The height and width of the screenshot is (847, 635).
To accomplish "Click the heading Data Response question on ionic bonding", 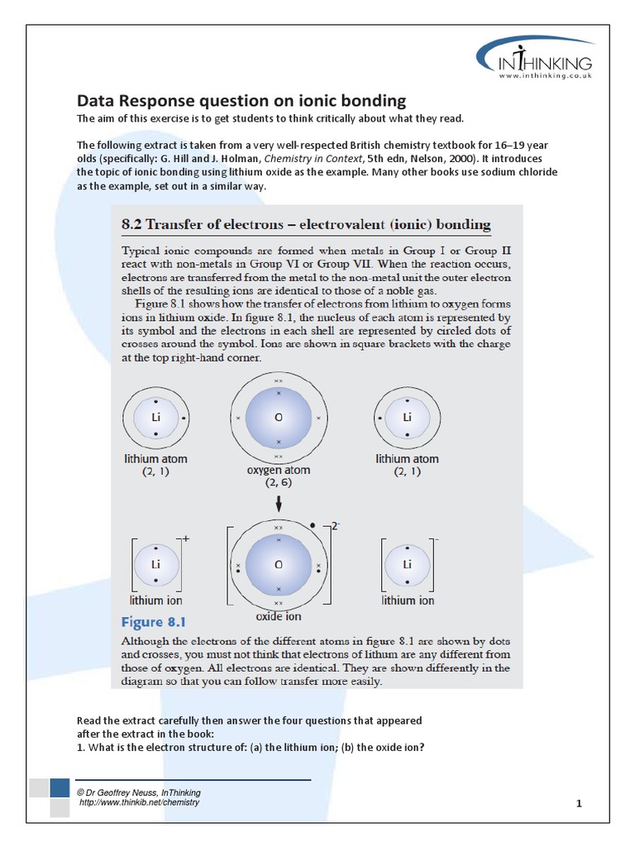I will (x=241, y=101).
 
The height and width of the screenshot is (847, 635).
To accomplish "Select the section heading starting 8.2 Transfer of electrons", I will (x=306, y=224).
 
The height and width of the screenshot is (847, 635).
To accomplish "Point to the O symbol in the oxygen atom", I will (x=279, y=418).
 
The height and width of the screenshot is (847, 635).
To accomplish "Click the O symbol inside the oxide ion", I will (x=279, y=564).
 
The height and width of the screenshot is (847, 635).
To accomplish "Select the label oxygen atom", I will (x=279, y=470).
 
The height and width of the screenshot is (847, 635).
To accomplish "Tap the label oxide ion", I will (x=279, y=616).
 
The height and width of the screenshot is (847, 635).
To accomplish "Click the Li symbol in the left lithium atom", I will (x=155, y=418).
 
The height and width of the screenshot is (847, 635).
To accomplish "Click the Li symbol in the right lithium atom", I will (x=407, y=418).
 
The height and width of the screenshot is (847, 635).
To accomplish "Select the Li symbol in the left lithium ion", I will (x=155, y=564).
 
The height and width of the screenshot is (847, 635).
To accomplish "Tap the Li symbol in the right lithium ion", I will (x=407, y=564).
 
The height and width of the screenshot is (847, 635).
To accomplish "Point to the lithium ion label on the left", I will (x=155, y=601).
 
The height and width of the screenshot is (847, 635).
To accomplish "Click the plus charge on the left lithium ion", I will (x=186, y=538).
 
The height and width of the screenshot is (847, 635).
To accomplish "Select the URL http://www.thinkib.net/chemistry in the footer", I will (x=139, y=802).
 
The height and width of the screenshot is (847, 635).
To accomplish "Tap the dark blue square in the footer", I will (x=60, y=788).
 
